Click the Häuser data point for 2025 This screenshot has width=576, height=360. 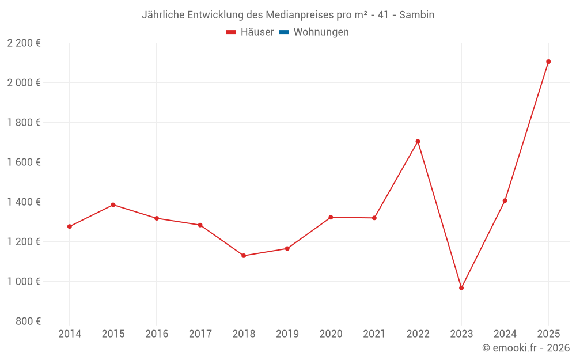point(548,62)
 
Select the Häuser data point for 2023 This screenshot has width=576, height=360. point(461,288)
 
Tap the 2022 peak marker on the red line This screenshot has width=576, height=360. point(418,141)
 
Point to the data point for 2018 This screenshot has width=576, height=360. point(244,256)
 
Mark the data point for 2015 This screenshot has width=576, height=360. point(113,204)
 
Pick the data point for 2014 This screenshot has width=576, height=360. point(70,226)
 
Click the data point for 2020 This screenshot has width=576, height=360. point(331,217)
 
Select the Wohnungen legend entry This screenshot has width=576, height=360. point(321,32)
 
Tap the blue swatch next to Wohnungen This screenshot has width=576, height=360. point(284,32)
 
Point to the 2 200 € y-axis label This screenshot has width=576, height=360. point(24,43)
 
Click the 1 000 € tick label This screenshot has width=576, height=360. point(24,281)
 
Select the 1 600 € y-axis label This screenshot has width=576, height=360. point(24,162)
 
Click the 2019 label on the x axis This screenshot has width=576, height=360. point(287,334)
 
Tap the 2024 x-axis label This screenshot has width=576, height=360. point(505,334)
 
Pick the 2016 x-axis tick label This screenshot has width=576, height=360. point(157,334)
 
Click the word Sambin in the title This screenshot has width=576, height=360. point(416,15)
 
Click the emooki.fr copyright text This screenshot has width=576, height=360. point(526,348)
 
